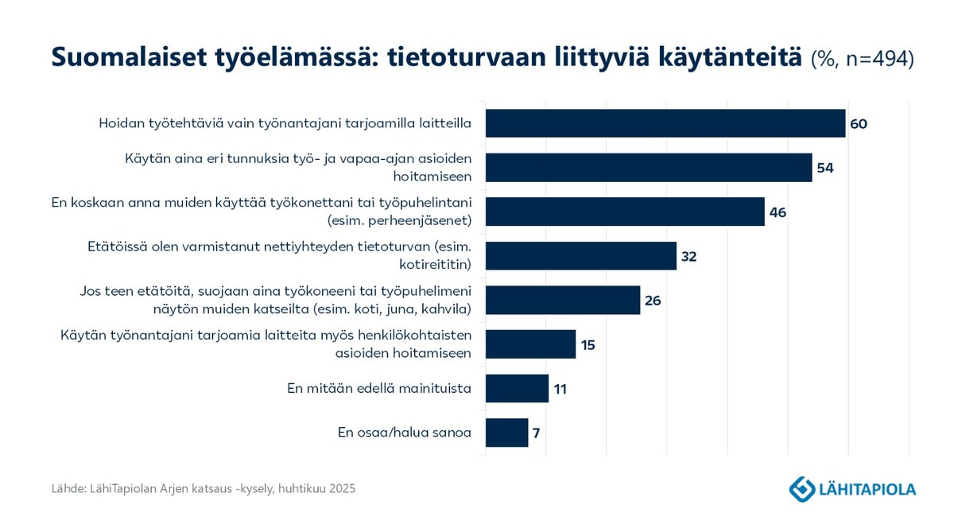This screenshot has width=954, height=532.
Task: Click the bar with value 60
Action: [x=665, y=124]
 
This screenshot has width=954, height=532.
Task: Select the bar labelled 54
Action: [x=648, y=168]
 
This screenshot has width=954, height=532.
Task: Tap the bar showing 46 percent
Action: [x=624, y=212]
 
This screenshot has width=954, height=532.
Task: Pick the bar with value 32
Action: [x=580, y=256]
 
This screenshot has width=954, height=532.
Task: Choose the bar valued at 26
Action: [x=562, y=301]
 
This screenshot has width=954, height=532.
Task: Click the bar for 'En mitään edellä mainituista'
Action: [x=517, y=389]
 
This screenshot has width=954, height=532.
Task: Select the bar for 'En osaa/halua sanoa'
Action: [x=506, y=433]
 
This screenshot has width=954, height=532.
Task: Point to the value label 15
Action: [x=588, y=345]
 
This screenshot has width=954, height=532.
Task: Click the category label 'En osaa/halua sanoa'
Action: [x=405, y=433]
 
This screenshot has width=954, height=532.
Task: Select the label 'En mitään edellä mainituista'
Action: [x=379, y=389]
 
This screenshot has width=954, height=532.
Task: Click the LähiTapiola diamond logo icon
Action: [x=801, y=488]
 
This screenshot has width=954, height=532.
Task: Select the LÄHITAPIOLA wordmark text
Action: [x=867, y=489]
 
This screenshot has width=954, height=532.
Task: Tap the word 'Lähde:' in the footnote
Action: [x=69, y=488]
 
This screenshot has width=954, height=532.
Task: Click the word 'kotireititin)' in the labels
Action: [x=436, y=264]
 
